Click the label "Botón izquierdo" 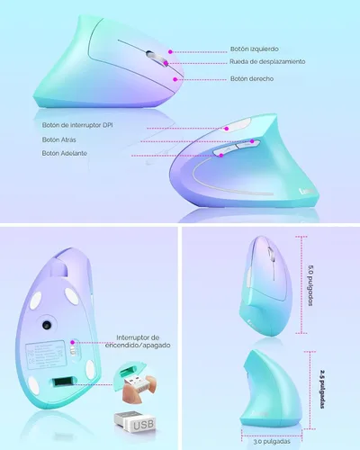click(x=254, y=49)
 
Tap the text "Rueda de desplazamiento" click(x=267, y=61)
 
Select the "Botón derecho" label click(x=252, y=78)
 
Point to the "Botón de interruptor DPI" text click(x=77, y=125)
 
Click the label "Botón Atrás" click(x=58, y=139)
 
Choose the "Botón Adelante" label click(x=64, y=153)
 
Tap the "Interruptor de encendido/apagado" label click(x=138, y=341)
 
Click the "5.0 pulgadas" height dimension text click(x=310, y=284)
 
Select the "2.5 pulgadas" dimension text click(x=322, y=389)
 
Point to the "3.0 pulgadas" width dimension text click(x=272, y=442)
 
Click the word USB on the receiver click(x=143, y=425)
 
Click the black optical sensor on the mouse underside click(x=48, y=325)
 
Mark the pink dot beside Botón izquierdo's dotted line click(x=170, y=52)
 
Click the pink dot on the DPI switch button click(x=227, y=129)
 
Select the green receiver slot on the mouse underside click(x=62, y=382)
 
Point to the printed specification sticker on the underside click(x=46, y=355)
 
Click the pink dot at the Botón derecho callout click(x=175, y=79)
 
